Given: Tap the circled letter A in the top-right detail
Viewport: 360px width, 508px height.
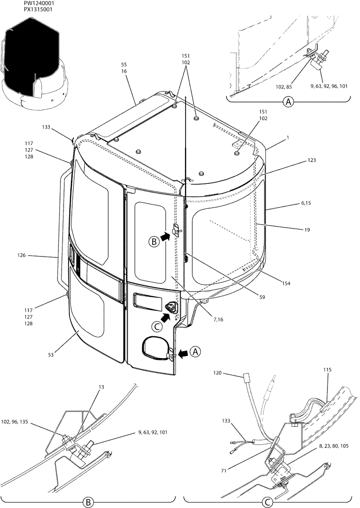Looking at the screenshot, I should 289,103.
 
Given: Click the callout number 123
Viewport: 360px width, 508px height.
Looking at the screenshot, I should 312,160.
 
